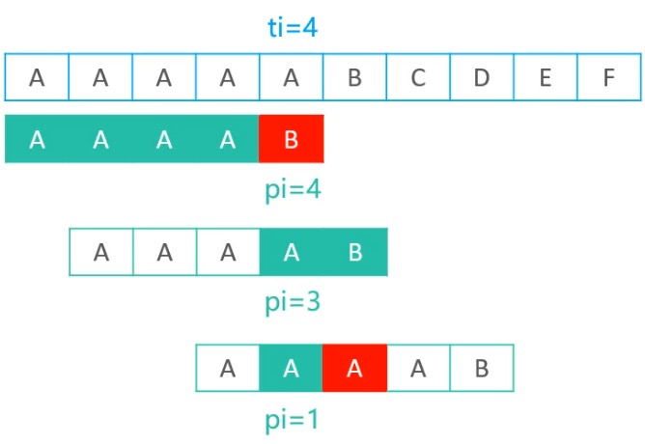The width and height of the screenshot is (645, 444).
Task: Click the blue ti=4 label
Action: tap(293, 28)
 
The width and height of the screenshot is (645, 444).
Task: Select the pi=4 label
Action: tap(293, 190)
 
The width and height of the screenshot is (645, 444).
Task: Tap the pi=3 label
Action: tap(293, 302)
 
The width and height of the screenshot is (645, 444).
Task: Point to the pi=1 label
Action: tap(292, 419)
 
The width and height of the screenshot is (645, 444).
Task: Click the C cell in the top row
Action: tap(418, 77)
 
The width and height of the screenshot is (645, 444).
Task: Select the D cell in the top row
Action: tap(482, 77)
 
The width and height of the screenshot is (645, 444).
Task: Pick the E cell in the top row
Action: tap(546, 77)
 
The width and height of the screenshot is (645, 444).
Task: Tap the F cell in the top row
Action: tap(609, 77)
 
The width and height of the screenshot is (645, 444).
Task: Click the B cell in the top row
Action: tap(355, 77)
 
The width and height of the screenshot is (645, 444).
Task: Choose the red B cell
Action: tap(292, 139)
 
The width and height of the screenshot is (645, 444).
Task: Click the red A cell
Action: tap(354, 368)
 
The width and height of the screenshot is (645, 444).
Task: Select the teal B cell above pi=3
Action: tap(355, 252)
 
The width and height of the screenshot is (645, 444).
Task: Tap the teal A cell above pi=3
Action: tap(292, 252)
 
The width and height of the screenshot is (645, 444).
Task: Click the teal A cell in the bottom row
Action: tap(292, 368)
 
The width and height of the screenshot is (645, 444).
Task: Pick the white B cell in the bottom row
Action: tap(482, 368)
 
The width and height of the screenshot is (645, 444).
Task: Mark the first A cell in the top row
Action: tap(37, 77)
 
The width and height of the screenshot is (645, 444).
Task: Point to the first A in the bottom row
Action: tap(228, 368)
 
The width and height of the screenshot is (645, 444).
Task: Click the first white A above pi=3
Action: tap(101, 252)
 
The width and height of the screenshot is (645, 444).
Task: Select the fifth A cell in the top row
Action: tap(292, 77)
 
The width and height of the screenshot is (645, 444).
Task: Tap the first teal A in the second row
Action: tap(37, 139)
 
